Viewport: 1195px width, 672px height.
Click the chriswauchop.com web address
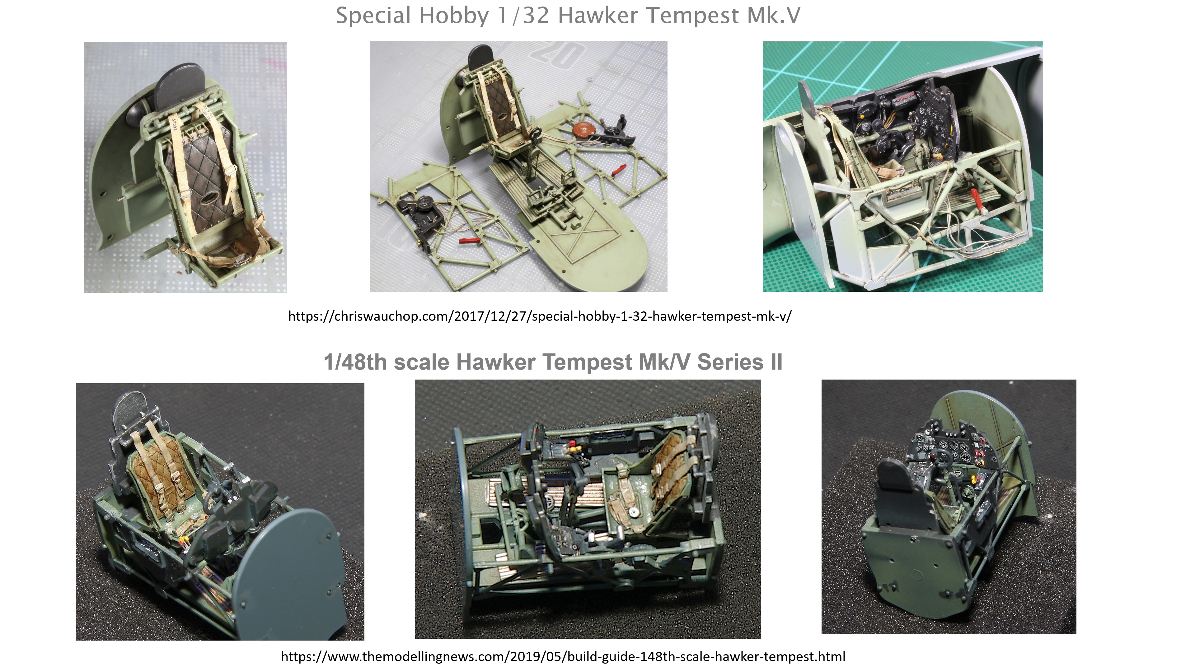tap(540, 316)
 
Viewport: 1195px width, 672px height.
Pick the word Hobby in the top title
tap(453, 16)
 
